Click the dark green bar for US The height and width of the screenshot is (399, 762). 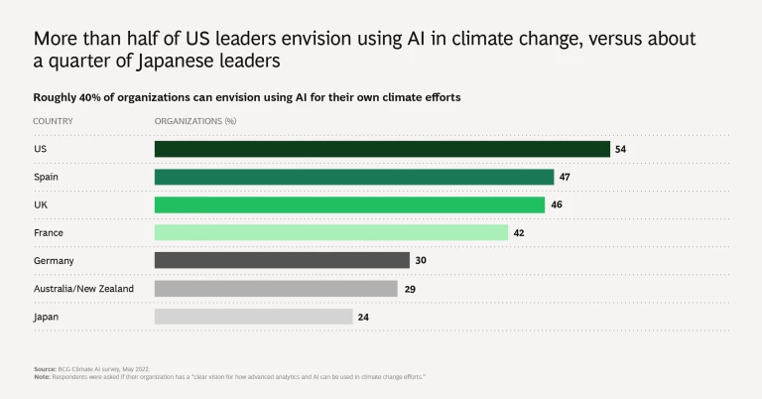pyautogui.click(x=382, y=149)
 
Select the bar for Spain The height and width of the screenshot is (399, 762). pyautogui.click(x=354, y=177)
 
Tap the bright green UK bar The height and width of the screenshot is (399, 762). pyautogui.click(x=349, y=204)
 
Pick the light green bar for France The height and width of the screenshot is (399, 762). pyautogui.click(x=331, y=232)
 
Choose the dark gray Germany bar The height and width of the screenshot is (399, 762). pyautogui.click(x=282, y=260)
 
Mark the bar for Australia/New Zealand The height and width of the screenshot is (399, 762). pyautogui.click(x=276, y=288)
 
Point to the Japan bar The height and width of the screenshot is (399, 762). pyautogui.click(x=253, y=316)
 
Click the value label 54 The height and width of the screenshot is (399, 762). pyautogui.click(x=620, y=149)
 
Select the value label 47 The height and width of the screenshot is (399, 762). pyautogui.click(x=565, y=177)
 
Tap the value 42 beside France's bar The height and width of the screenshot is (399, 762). pyautogui.click(x=519, y=232)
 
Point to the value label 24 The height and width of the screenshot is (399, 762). pyautogui.click(x=363, y=316)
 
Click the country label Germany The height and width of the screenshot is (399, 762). pyautogui.click(x=54, y=260)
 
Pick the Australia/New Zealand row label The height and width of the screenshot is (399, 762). pyautogui.click(x=83, y=288)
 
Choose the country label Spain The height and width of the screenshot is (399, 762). pyautogui.click(x=47, y=177)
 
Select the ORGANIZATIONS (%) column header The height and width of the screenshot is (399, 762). pyautogui.click(x=194, y=120)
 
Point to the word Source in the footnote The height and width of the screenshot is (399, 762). pyautogui.click(x=45, y=368)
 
